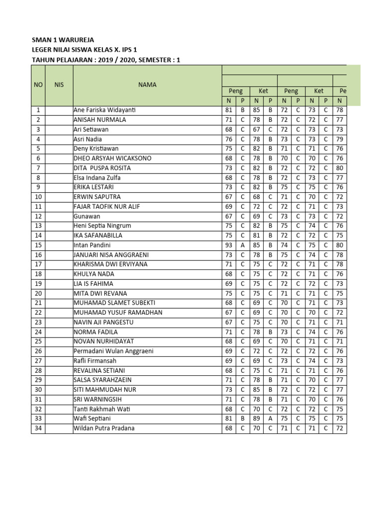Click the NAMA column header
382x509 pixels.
point(147,85)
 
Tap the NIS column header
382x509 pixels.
point(59,85)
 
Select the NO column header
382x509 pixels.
point(38,85)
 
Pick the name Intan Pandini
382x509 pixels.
point(92,246)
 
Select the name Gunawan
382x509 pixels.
point(87,216)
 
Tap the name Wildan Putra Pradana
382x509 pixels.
point(104,428)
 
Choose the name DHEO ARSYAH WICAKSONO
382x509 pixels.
point(112,159)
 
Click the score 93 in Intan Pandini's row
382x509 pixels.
point(229,246)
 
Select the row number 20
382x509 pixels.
point(38,294)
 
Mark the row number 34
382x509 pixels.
point(38,428)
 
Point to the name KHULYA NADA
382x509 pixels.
point(94,274)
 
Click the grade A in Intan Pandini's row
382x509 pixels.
point(242,246)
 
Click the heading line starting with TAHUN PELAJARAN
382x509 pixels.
point(106,60)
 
